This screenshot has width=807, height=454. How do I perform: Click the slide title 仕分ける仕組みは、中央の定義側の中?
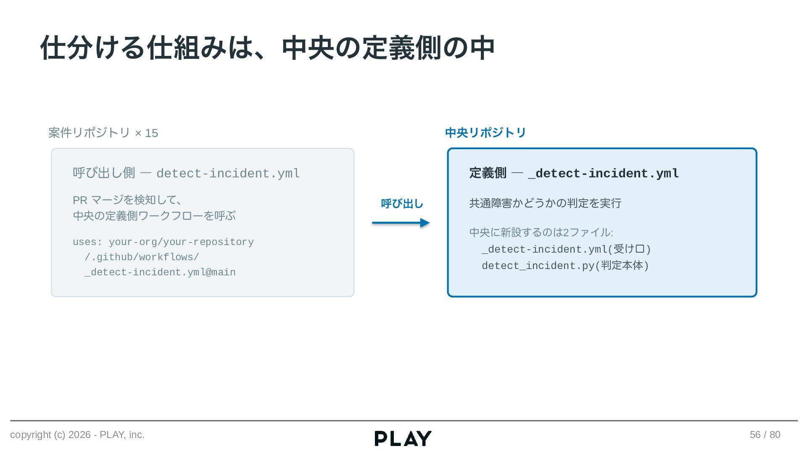(x=267, y=48)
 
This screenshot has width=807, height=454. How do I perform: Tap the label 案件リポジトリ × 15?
(x=103, y=133)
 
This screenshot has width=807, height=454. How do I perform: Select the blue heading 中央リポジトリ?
(x=485, y=133)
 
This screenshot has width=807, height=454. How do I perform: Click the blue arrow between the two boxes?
(x=401, y=223)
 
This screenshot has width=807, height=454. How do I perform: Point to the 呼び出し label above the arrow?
(x=402, y=204)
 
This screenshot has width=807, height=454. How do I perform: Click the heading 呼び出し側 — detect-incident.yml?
(x=186, y=173)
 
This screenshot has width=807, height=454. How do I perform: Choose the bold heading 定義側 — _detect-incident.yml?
(x=574, y=173)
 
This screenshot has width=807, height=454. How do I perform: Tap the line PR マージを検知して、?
(x=128, y=200)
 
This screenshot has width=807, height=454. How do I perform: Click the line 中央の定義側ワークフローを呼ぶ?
(x=154, y=216)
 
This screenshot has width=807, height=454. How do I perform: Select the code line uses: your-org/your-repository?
(x=163, y=242)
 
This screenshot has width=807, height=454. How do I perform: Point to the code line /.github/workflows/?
(x=142, y=257)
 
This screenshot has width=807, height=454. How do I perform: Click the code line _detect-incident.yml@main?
(x=160, y=272)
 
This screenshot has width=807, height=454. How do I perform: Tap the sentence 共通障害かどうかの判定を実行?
(x=545, y=203)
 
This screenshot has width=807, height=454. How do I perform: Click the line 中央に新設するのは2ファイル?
(x=541, y=232)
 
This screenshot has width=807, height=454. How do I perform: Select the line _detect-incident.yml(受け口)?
(x=566, y=249)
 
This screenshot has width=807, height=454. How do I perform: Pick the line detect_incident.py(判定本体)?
(x=565, y=266)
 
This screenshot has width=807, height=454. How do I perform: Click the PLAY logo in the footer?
(x=403, y=438)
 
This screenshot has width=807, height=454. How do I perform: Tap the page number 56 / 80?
(x=765, y=435)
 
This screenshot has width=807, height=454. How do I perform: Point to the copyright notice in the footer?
(x=77, y=435)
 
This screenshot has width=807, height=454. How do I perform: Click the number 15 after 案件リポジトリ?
(x=151, y=133)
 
